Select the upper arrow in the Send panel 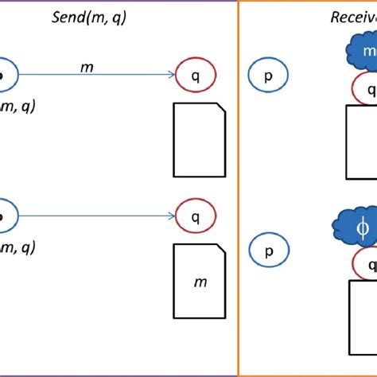pos(95,76)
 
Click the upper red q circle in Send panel pos(196,76)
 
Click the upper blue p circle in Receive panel pos(269,76)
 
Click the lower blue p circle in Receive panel pos(269,251)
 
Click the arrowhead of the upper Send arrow pos(171,76)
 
